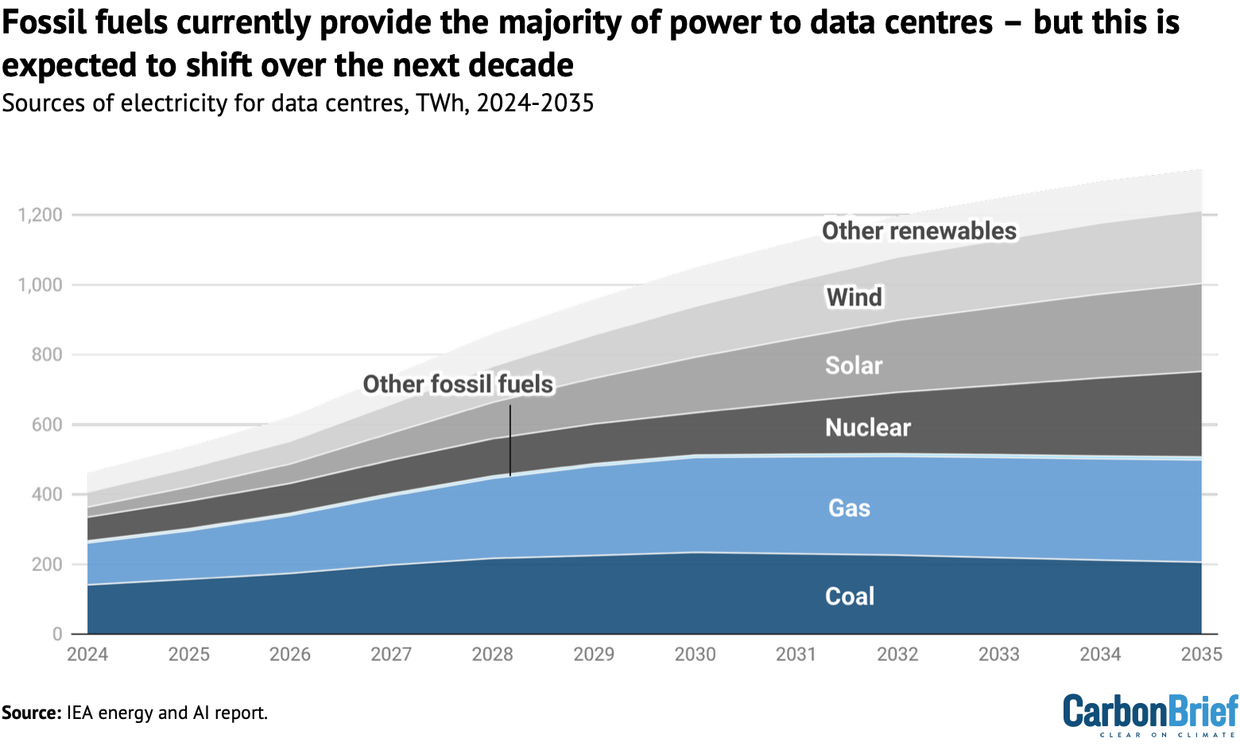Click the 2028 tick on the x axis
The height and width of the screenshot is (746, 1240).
[493, 655]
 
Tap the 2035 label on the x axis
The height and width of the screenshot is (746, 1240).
[1201, 655]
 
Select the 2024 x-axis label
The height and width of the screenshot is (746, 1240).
[87, 655]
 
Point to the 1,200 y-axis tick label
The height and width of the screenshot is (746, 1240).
[40, 215]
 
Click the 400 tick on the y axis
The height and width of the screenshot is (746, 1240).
[46, 495]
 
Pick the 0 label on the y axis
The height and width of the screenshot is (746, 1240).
[57, 635]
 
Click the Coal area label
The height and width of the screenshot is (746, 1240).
[850, 596]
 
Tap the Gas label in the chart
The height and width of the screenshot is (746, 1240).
[849, 508]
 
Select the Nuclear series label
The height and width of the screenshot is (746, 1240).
[867, 428]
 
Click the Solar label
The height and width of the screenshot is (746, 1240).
[854, 366]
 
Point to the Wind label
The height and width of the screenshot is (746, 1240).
[854, 297]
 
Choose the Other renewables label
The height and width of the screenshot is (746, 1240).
[919, 231]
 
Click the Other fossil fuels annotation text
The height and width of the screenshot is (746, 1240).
[458, 385]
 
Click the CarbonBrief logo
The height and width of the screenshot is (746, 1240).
[1150, 713]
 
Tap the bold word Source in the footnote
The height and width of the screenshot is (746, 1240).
[30, 713]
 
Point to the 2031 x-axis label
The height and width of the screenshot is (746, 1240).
[796, 655]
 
